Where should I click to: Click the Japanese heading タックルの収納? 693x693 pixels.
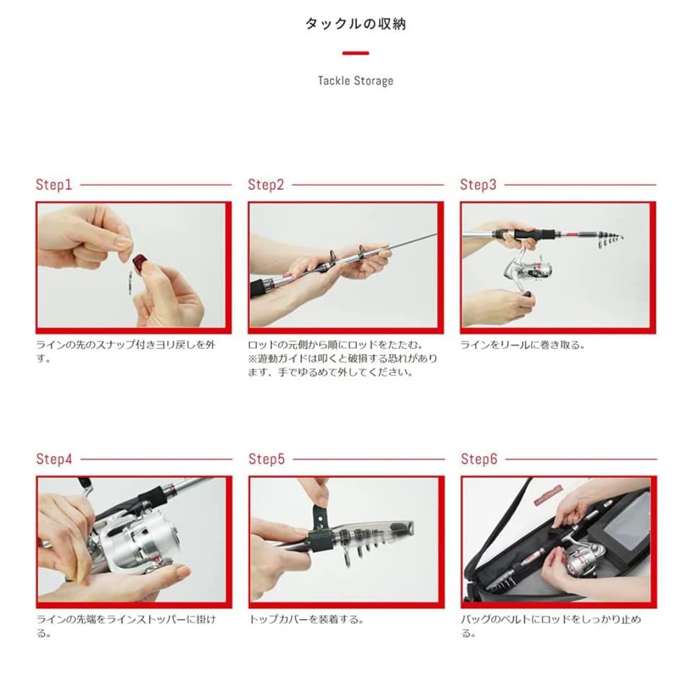point(355,24)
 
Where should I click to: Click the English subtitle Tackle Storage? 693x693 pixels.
point(355,81)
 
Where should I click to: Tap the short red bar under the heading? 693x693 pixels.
point(355,53)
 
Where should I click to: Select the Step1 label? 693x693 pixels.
point(54,185)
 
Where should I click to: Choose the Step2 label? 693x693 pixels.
point(266,185)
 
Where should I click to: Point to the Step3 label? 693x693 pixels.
point(478,185)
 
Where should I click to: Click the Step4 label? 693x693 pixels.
point(54,459)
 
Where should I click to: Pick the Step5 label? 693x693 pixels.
point(266,459)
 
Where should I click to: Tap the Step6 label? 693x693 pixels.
point(479,459)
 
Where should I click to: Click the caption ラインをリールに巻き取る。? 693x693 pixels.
point(522,345)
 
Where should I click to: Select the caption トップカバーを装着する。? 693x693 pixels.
point(307,619)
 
